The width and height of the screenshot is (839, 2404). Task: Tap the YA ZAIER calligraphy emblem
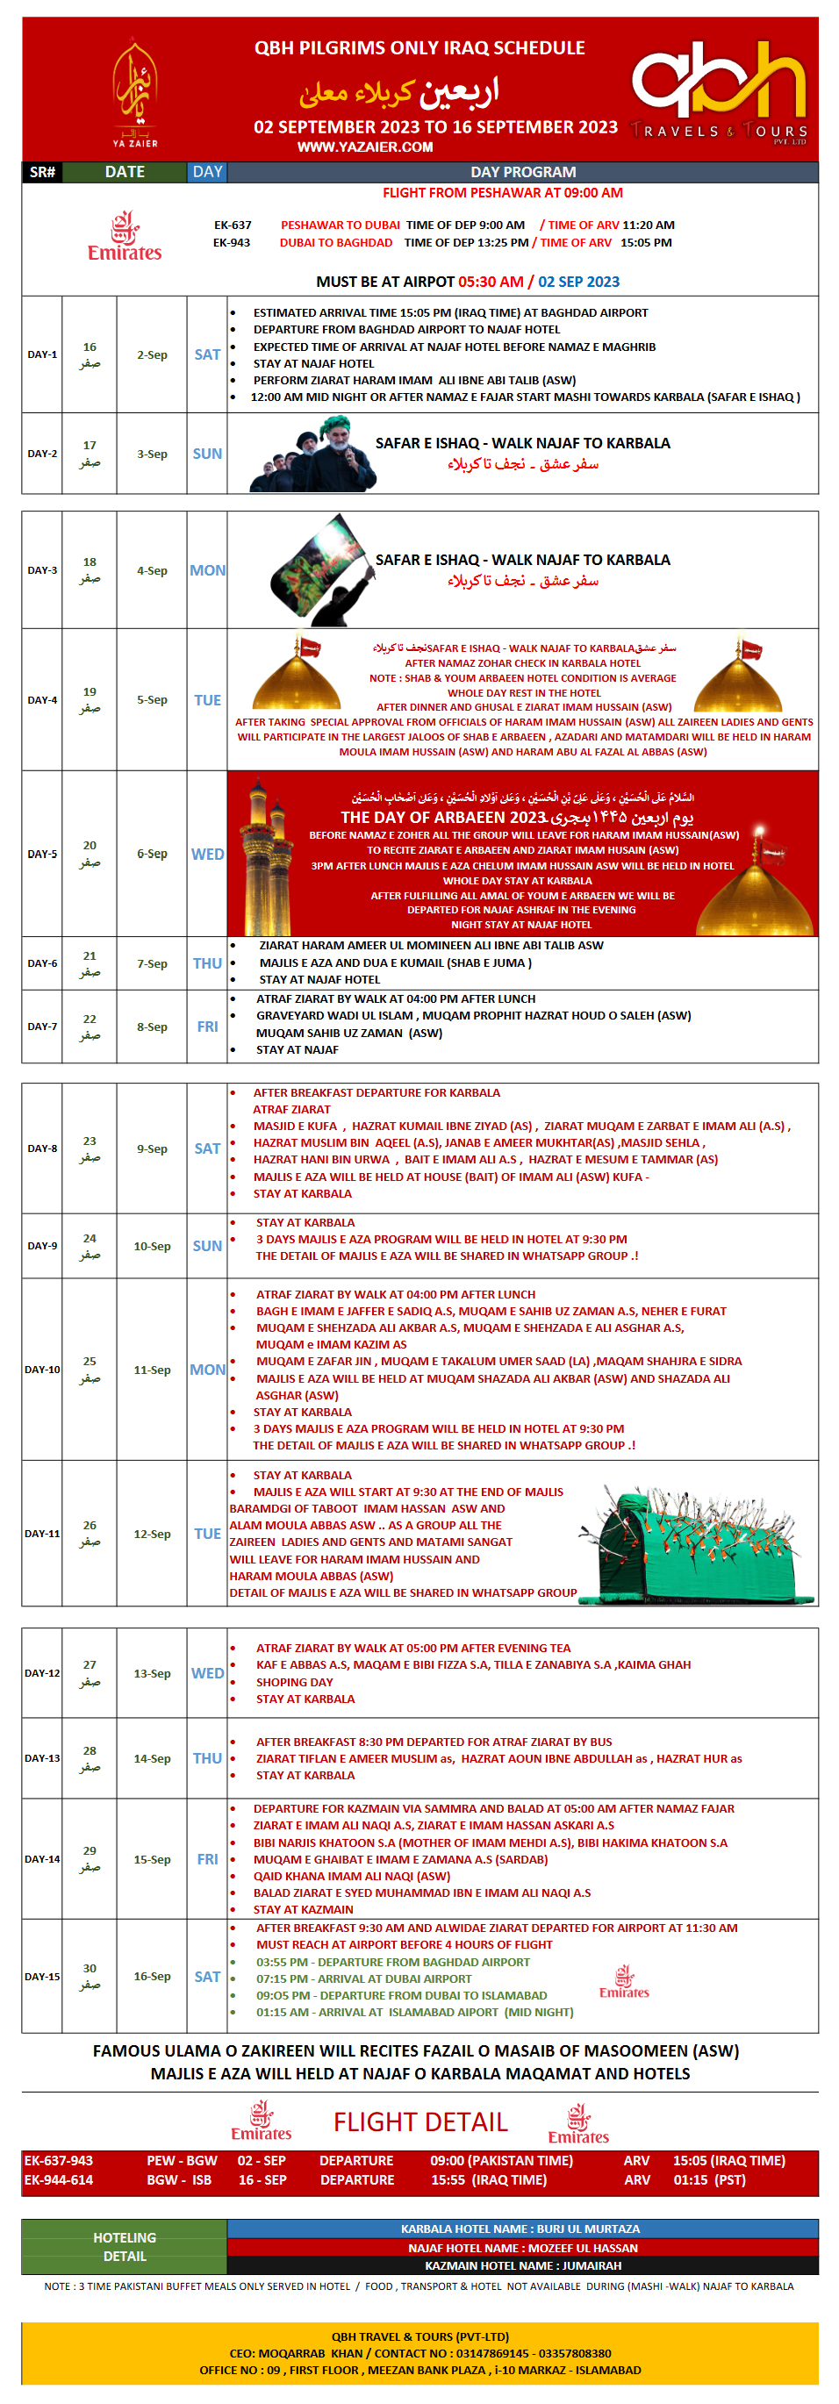pos(135,93)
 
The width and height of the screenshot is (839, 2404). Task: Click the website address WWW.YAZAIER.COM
pos(365,147)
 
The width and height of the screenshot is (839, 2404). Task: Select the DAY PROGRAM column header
pos(523,172)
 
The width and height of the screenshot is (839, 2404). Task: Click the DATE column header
pos(124,172)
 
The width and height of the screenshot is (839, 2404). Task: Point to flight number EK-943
pos(232,243)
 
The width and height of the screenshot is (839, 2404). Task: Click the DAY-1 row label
pos(42,354)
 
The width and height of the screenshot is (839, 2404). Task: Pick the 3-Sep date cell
pos(152,454)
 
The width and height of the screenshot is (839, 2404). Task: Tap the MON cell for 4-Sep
pos(207,570)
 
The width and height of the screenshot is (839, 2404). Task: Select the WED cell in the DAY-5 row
pos(207,854)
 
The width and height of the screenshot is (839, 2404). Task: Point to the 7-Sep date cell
pos(152,963)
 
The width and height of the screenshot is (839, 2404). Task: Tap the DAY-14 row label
pos(42,1859)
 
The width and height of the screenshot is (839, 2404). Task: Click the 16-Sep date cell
pos(152,1977)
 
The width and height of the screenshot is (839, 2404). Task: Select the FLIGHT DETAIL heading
pos(420,2122)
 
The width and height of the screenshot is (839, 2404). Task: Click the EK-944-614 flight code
pos(59,2180)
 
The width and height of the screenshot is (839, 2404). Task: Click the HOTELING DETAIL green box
pos(124,2246)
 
